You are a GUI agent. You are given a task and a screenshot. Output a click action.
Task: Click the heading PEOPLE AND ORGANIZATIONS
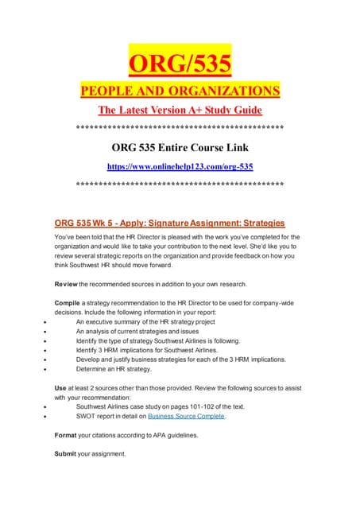point(180,91)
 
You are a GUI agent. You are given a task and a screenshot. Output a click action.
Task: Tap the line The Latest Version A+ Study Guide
point(180,110)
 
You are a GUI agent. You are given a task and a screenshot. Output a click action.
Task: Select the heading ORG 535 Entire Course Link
point(180,146)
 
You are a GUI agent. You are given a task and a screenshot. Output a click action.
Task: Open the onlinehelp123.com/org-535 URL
point(180,166)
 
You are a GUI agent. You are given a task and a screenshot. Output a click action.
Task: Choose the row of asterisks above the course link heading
point(180,128)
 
